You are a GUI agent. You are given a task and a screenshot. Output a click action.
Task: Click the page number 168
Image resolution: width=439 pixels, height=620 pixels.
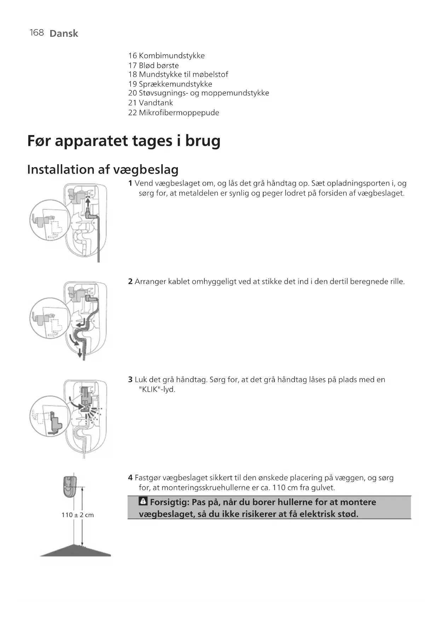[x=36, y=33]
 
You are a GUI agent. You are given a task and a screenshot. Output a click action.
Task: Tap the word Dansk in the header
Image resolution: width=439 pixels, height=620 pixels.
[x=64, y=34]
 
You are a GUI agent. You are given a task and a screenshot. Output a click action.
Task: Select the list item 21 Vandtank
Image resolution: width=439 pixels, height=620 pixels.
[x=150, y=103]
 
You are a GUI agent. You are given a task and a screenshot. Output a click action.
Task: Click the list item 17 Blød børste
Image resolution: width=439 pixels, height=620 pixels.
[x=153, y=65]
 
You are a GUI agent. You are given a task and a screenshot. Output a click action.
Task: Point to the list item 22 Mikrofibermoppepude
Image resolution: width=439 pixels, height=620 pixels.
[x=173, y=113]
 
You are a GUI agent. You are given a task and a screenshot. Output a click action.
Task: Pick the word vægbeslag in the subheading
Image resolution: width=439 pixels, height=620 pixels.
[x=146, y=170]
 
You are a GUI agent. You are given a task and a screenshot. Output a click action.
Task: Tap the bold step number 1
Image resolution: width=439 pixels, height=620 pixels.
[x=130, y=183]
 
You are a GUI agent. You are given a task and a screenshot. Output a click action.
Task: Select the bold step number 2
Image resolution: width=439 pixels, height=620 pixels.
[x=130, y=282]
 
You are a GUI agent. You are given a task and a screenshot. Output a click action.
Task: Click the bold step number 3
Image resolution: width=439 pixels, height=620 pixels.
[x=130, y=380]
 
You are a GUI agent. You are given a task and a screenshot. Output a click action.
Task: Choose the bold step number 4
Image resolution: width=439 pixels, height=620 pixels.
[x=130, y=478]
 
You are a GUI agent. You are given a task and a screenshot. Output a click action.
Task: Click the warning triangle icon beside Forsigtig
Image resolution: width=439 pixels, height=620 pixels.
[x=143, y=501]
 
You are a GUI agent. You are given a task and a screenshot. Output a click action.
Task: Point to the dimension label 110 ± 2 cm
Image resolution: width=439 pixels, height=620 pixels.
[x=77, y=515]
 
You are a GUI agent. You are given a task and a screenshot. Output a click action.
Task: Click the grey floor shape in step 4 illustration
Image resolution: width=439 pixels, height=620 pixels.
[x=75, y=551]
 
